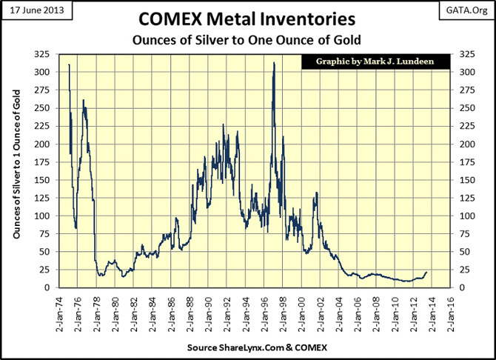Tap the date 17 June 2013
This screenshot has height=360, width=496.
(x=31, y=10)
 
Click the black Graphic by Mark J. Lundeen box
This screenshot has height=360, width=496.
(x=376, y=62)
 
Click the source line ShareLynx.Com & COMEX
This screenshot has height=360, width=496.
(x=248, y=347)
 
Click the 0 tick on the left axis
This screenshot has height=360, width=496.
(x=47, y=287)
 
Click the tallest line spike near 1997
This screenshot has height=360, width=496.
(x=274, y=63)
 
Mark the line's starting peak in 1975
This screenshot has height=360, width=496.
(x=69, y=65)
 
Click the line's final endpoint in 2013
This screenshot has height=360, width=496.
(x=427, y=273)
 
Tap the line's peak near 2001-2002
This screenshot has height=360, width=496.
(x=316, y=193)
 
